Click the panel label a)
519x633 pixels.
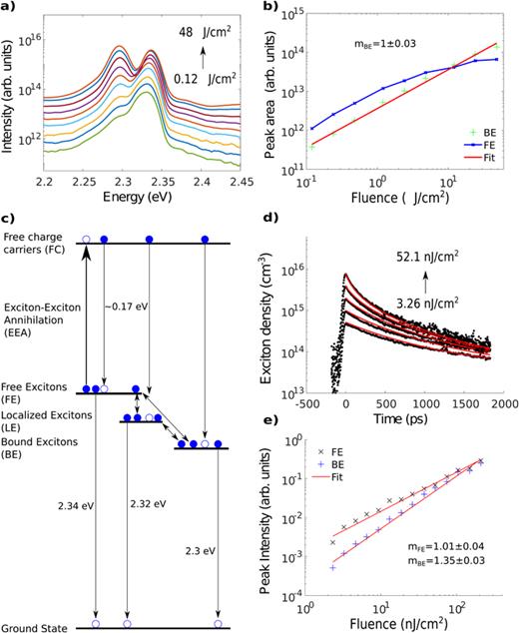coord(8,8)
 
